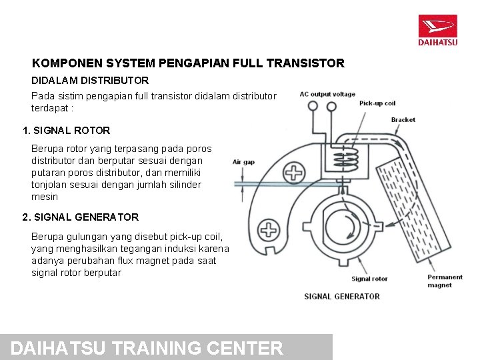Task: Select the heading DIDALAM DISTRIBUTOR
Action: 90,80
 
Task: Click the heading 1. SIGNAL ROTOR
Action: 66,131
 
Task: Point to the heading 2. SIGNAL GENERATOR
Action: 81,217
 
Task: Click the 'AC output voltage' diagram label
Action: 327,94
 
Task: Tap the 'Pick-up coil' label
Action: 377,103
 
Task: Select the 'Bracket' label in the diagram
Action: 403,120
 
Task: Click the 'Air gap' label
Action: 243,162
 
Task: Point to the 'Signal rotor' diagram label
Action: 369,279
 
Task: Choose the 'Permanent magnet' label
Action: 445,281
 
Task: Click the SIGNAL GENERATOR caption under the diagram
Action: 342,296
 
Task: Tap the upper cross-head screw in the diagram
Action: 295,173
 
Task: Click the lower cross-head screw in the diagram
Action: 268,231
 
